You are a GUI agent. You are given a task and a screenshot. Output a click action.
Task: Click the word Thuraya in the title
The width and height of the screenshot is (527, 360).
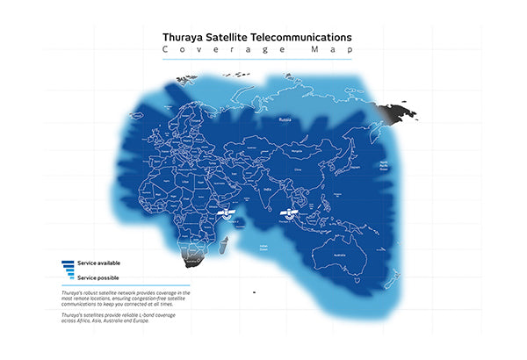click(x=183, y=38)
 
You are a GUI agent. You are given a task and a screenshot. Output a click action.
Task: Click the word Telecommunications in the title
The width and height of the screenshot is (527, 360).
click(x=301, y=38)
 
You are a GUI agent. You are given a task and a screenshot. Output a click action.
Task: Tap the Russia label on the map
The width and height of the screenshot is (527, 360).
click(x=285, y=118)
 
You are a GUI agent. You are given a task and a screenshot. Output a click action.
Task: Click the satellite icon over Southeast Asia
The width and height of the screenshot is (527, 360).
click(x=288, y=214)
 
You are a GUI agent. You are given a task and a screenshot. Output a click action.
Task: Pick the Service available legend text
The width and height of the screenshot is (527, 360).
click(x=98, y=263)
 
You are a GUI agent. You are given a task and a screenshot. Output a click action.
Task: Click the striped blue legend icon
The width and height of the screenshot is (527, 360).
click(x=69, y=269)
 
